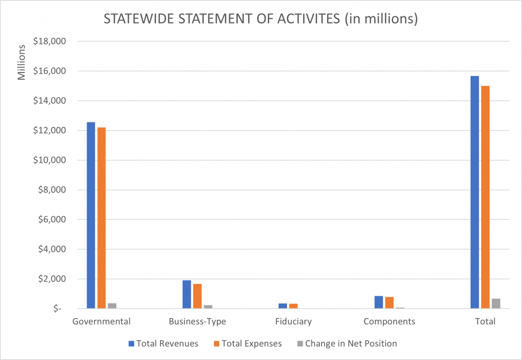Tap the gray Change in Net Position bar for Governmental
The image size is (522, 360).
[112, 305]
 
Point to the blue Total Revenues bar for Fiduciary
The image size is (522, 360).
[282, 306]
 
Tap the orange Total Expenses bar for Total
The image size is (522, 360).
[485, 197]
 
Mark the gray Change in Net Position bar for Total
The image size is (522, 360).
[496, 303]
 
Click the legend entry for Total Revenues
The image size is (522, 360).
[164, 344]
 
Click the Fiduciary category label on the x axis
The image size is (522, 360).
[293, 322]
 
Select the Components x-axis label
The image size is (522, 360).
[389, 322]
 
